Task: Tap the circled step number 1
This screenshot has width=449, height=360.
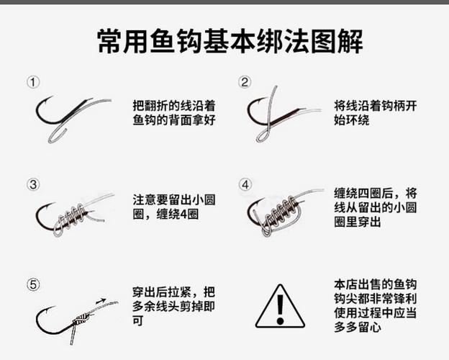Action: click(x=33, y=82)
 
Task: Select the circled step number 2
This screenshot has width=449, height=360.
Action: click(x=245, y=82)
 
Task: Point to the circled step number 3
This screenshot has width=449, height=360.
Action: click(x=33, y=184)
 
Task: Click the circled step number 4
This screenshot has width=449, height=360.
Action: click(x=245, y=184)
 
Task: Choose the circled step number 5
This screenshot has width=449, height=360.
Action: click(x=33, y=284)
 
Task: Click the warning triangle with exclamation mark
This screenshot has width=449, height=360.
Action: click(x=280, y=306)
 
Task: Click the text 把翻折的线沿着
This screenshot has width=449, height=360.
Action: click(x=174, y=104)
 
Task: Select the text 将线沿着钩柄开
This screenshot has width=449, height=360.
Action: click(x=376, y=104)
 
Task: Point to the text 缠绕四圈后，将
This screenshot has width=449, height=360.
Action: click(x=376, y=193)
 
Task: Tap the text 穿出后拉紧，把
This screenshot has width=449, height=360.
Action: click(x=174, y=292)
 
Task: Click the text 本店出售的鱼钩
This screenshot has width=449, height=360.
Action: click(x=376, y=282)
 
